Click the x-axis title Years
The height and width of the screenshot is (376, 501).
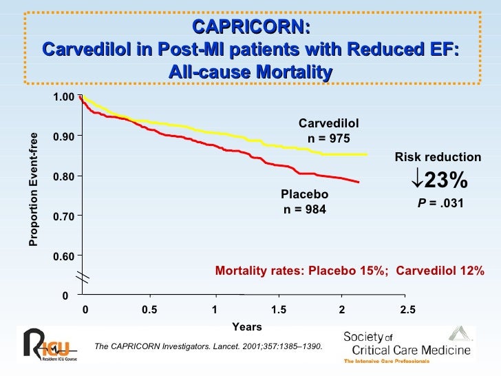click(246, 326)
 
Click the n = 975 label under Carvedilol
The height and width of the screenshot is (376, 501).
click(328, 138)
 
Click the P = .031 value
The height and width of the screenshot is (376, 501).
click(438, 204)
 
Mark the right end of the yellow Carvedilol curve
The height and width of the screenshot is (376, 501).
click(367, 154)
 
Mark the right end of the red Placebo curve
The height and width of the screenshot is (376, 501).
click(359, 182)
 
